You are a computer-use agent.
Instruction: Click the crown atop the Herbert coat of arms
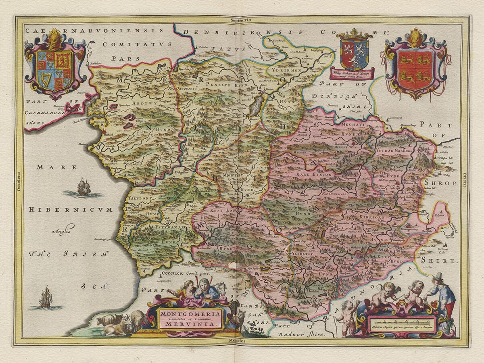[354, 34]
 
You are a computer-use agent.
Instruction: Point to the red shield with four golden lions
[415, 69]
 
